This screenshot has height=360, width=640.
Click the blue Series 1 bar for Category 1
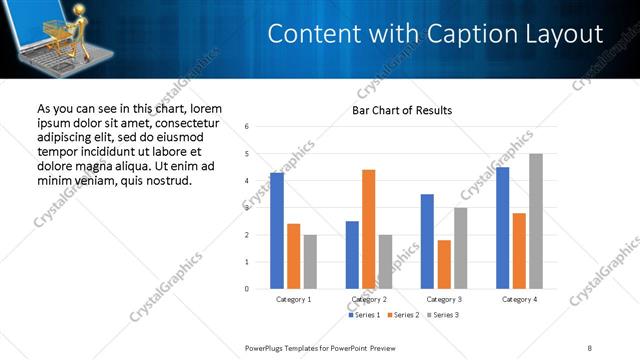click(x=276, y=231)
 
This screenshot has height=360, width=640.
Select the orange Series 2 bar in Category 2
click(x=368, y=229)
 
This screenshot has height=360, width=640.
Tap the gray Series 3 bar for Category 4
click(x=536, y=221)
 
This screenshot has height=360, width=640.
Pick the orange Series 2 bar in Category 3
click(x=444, y=264)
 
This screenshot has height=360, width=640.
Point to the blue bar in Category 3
click(x=427, y=241)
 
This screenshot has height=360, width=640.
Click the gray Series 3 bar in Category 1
click(x=310, y=262)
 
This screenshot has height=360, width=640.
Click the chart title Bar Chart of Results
click(x=402, y=110)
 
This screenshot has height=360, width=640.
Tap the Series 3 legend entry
click(x=443, y=315)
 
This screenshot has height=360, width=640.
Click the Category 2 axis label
click(x=369, y=299)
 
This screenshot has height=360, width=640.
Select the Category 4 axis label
click(x=520, y=299)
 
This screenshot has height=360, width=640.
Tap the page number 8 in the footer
click(x=589, y=347)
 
